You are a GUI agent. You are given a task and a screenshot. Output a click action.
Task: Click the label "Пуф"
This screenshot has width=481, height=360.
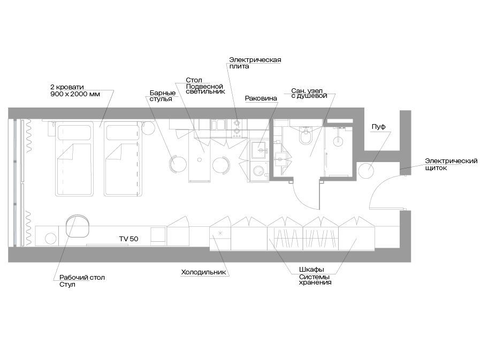378,127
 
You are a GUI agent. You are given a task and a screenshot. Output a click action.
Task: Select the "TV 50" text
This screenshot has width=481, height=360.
128,239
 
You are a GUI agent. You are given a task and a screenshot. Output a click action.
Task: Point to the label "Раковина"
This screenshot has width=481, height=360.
261,98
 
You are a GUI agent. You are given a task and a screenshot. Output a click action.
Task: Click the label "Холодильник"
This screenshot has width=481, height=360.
203,272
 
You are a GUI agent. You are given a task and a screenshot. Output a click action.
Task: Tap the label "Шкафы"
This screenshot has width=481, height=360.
311,270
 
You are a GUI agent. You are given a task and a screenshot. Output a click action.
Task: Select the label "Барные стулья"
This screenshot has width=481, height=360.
163,96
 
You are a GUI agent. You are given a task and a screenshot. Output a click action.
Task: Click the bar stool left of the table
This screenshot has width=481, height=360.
178,164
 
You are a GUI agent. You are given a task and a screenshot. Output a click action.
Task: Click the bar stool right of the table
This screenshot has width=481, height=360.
221,165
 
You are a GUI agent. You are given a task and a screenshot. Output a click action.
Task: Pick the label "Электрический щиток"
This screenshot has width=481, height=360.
451,164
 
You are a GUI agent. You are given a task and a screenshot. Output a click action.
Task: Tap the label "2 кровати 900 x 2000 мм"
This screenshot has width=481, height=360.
75,90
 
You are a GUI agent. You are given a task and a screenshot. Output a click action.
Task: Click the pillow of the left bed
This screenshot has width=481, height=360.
74,133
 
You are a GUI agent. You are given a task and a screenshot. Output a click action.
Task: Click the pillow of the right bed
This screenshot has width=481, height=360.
123,133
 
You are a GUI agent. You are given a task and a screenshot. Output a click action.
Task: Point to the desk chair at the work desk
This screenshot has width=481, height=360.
78,226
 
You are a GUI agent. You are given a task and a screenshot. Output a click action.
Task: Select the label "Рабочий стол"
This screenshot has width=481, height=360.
82,277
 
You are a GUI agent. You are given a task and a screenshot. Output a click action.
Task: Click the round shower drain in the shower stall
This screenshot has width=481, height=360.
338,141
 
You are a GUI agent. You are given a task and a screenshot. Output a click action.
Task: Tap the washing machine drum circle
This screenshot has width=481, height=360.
258,171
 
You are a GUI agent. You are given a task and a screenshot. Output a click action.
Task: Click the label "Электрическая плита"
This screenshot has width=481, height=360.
255,63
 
